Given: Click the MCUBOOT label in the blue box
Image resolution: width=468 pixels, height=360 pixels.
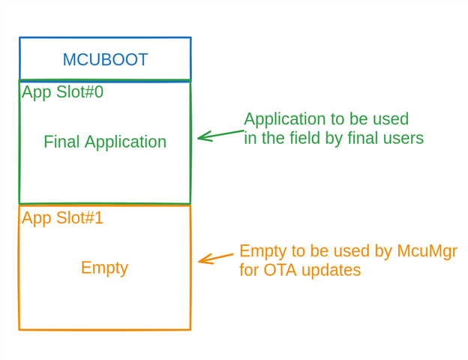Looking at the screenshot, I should coord(105,60).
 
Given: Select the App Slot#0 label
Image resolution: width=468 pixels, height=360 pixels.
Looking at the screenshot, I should coord(62,92).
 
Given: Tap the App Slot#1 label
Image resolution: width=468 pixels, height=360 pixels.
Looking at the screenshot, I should coord(62,218).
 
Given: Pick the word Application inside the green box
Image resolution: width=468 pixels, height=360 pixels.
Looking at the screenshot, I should coord(125,142).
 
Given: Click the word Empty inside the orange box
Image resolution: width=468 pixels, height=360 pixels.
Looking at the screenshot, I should coord(104,268).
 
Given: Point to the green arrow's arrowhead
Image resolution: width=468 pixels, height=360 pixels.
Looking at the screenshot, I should coord(199,137).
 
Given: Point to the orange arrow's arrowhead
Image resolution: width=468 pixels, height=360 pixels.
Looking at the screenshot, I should coord(200,261).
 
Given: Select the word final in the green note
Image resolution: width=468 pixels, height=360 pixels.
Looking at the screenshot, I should coord(358,139).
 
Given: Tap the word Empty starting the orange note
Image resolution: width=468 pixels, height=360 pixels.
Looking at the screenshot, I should coord(262,251).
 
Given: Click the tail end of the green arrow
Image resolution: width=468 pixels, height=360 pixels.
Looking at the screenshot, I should coord(243,131).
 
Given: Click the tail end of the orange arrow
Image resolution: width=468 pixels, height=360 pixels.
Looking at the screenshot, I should coord(232,255).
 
